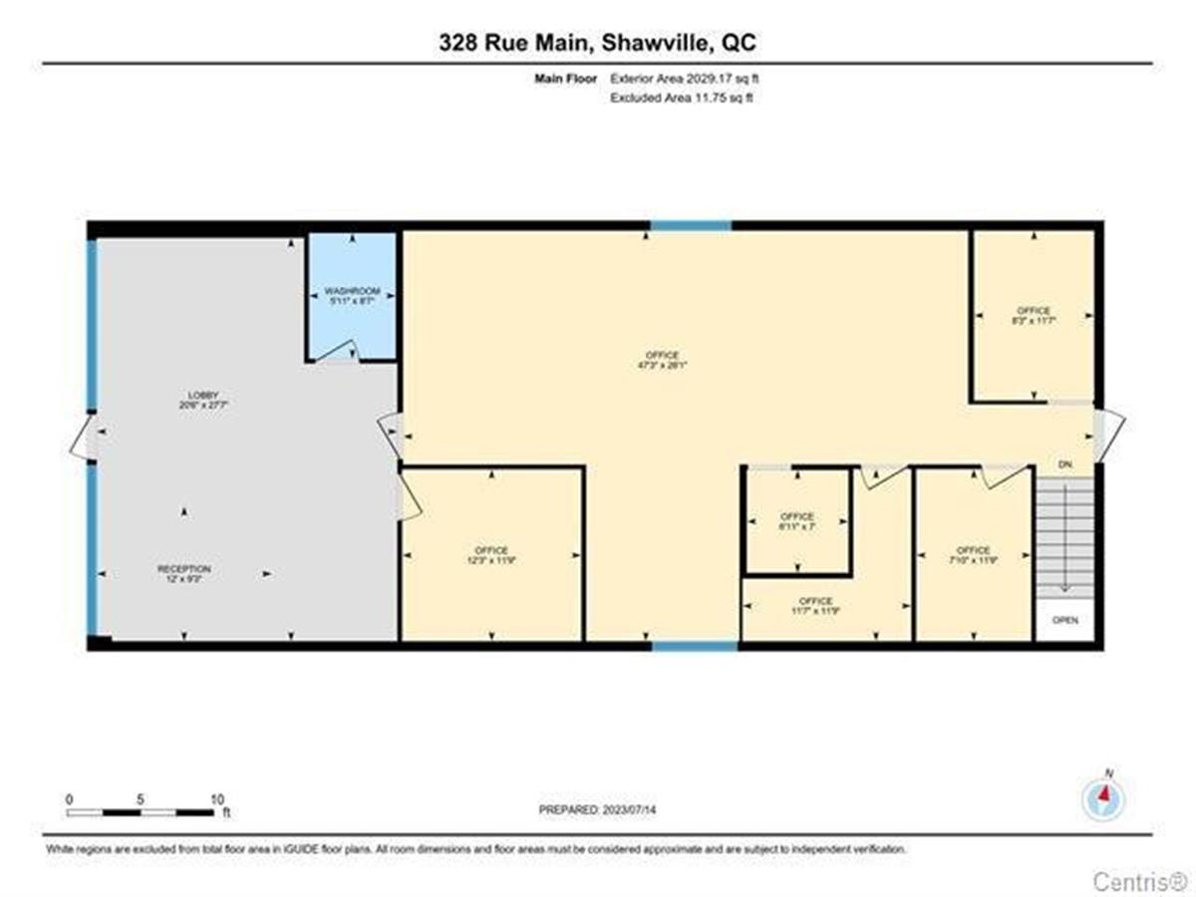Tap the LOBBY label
click(183, 395)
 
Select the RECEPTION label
click(183, 569)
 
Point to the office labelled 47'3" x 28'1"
click(662, 356)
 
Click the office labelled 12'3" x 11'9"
click(491, 551)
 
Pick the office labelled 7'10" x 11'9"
click(973, 551)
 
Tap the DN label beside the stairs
click(1064, 464)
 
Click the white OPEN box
click(1065, 620)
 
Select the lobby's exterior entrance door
click(84, 439)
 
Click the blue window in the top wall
click(691, 226)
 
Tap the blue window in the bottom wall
click(695, 646)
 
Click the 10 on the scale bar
click(217, 799)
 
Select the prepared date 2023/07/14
click(597, 809)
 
